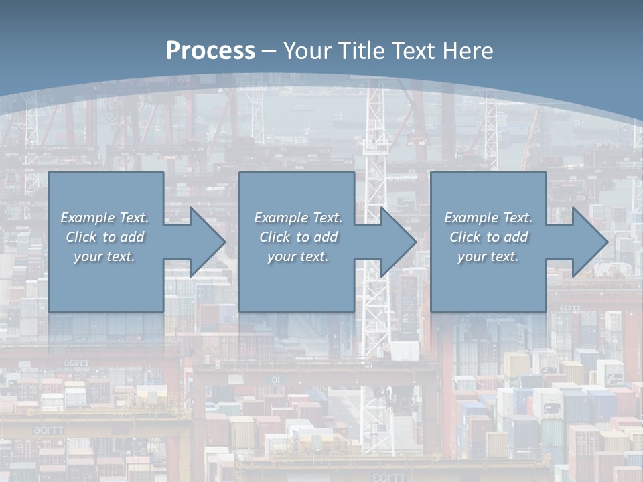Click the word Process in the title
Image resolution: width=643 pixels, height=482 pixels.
click(210, 51)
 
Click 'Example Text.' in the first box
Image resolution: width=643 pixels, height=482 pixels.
click(104, 218)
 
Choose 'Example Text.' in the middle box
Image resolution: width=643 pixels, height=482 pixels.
click(298, 218)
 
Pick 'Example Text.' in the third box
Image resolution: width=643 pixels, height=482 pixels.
click(488, 218)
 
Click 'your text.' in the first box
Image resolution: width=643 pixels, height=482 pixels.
click(104, 256)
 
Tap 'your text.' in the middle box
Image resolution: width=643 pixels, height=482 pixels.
click(298, 256)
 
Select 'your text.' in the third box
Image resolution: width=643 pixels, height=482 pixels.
click(488, 256)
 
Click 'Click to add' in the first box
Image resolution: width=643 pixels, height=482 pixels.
click(104, 237)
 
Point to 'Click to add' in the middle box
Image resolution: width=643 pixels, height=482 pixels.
click(298, 237)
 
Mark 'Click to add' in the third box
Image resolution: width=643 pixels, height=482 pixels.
click(488, 237)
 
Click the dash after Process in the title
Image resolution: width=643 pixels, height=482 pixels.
click(269, 52)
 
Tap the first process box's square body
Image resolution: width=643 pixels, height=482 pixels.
click(106, 288)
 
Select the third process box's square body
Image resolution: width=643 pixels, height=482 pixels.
click(488, 288)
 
